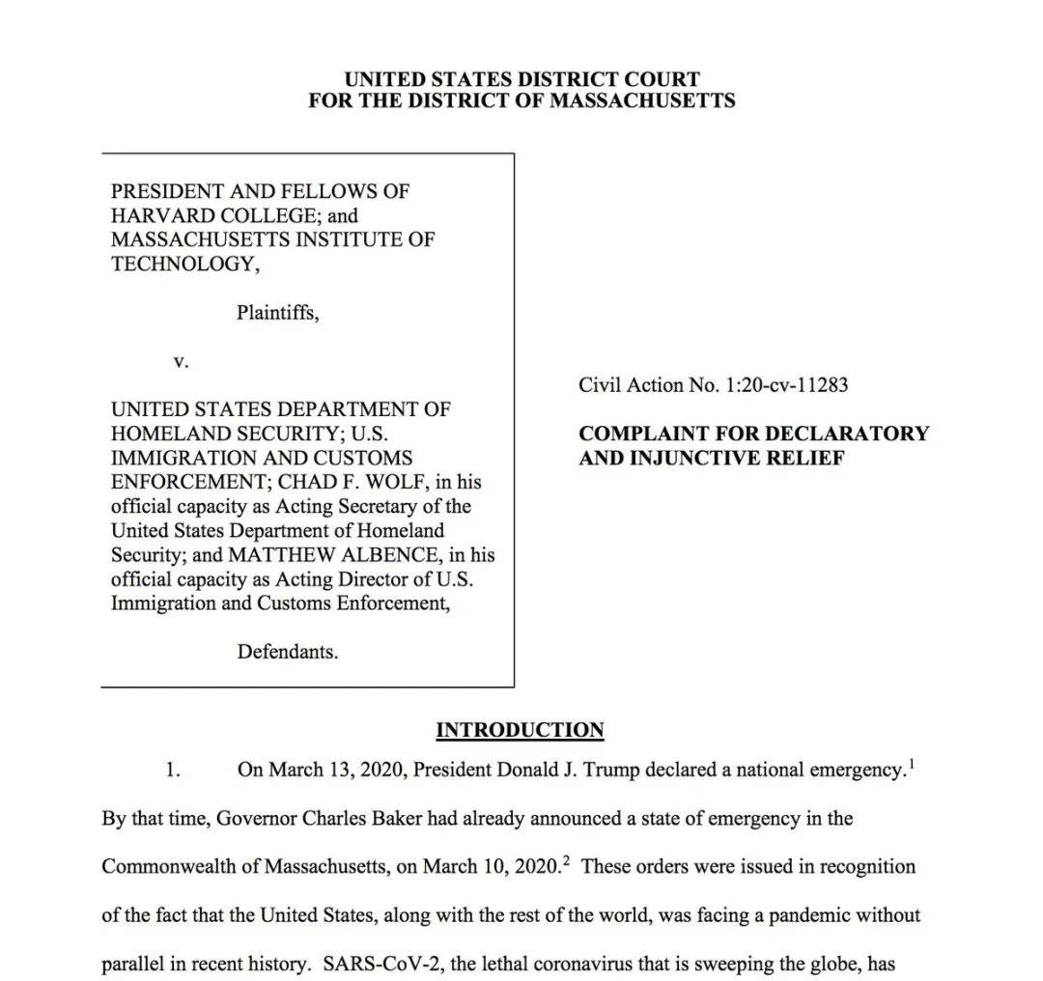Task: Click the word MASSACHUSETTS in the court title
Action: (642, 99)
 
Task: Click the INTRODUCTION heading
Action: (520, 730)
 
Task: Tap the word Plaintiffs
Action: (277, 313)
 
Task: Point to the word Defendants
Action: (288, 652)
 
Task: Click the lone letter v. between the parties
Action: (181, 361)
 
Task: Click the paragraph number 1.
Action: (173, 771)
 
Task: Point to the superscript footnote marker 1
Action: (911, 763)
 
